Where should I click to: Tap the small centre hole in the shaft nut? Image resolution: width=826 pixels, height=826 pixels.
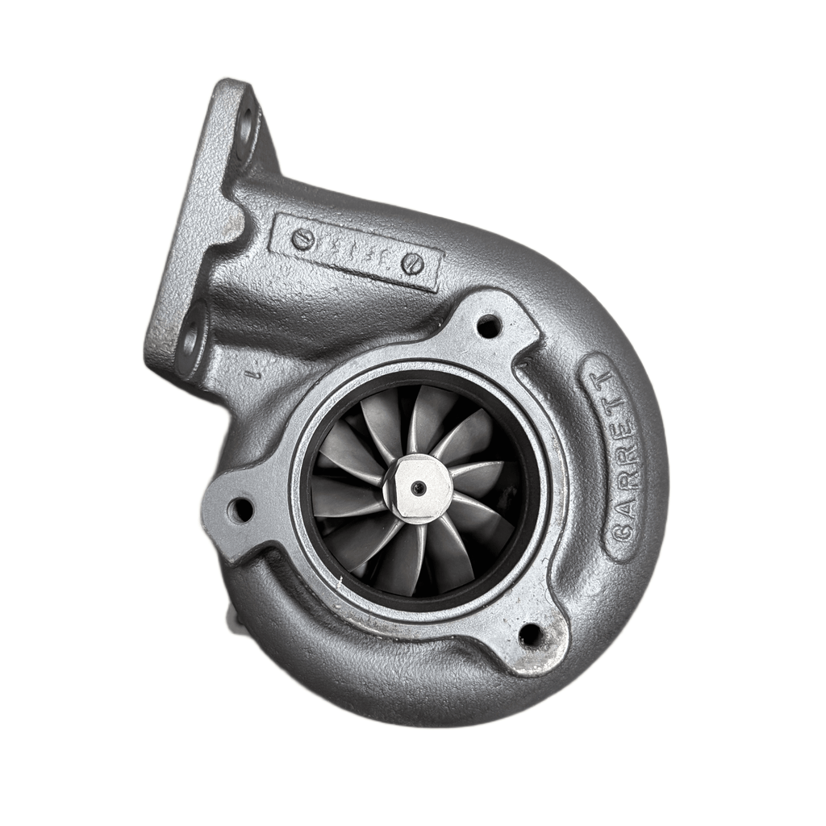[x=418, y=488]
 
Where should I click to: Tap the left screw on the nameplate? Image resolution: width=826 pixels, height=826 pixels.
[x=300, y=239]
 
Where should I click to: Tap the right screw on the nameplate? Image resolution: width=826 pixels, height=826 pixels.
[x=413, y=263]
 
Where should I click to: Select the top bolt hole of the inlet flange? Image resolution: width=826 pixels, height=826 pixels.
[x=489, y=326]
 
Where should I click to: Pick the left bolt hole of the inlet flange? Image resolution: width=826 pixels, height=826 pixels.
[x=240, y=509]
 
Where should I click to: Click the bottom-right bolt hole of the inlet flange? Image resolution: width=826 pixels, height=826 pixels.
[x=530, y=634]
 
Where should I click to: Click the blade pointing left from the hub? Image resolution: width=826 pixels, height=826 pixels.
[x=347, y=500]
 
